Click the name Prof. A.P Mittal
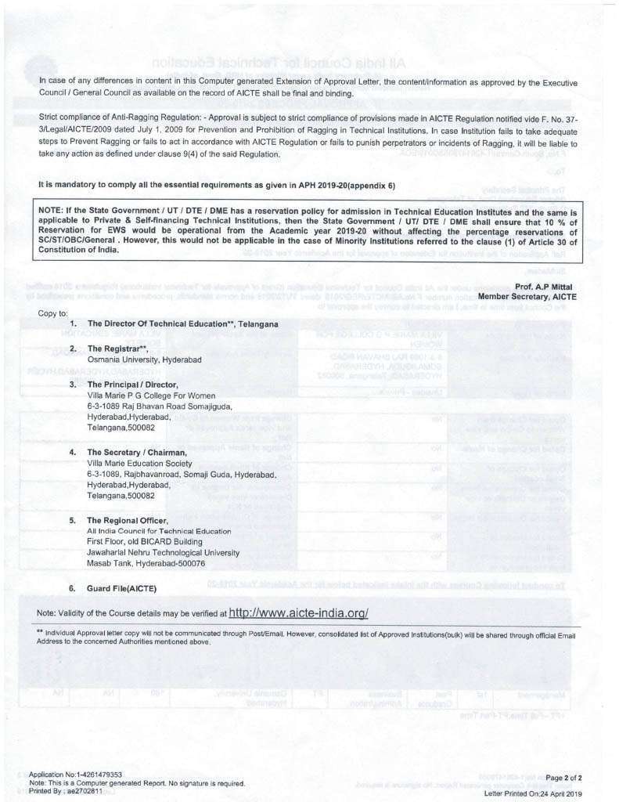tap(546, 287)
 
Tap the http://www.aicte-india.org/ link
tap(298, 612)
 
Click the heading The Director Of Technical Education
tap(182, 323)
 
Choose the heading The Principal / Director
tap(133, 384)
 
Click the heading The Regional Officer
tap(128, 520)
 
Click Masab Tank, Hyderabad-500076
tap(146, 563)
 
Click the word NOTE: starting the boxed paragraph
tap(51, 211)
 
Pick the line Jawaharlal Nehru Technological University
tap(163, 552)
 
